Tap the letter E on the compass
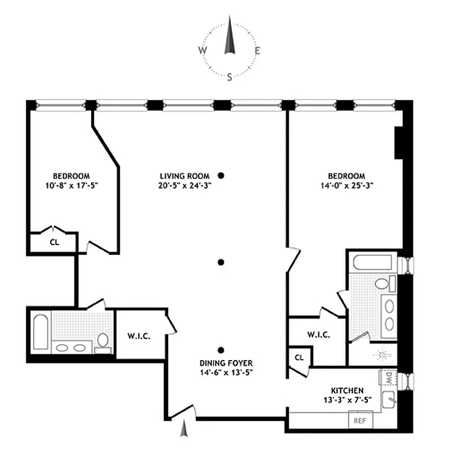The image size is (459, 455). tap(257, 51)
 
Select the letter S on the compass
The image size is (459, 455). tap(230, 78)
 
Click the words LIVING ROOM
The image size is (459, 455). tap(185, 176)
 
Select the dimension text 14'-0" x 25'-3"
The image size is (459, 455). tap(347, 185)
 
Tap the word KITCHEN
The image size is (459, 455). tap(347, 391)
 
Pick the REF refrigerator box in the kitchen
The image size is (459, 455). tap(359, 421)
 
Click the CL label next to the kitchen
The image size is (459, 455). tap(300, 357)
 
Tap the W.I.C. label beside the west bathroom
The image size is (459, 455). tap(140, 336)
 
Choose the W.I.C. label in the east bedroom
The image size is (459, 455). tap(318, 335)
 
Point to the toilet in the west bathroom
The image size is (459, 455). tap(103, 341)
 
